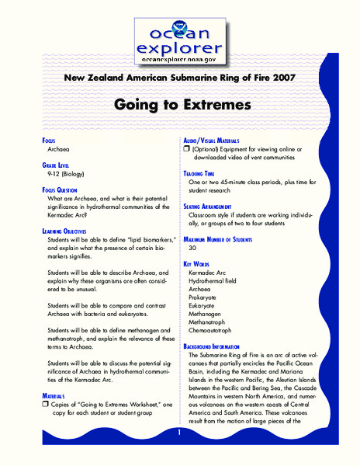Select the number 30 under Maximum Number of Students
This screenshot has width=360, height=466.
coord(193,248)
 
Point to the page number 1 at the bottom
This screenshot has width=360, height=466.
coord(179,432)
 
